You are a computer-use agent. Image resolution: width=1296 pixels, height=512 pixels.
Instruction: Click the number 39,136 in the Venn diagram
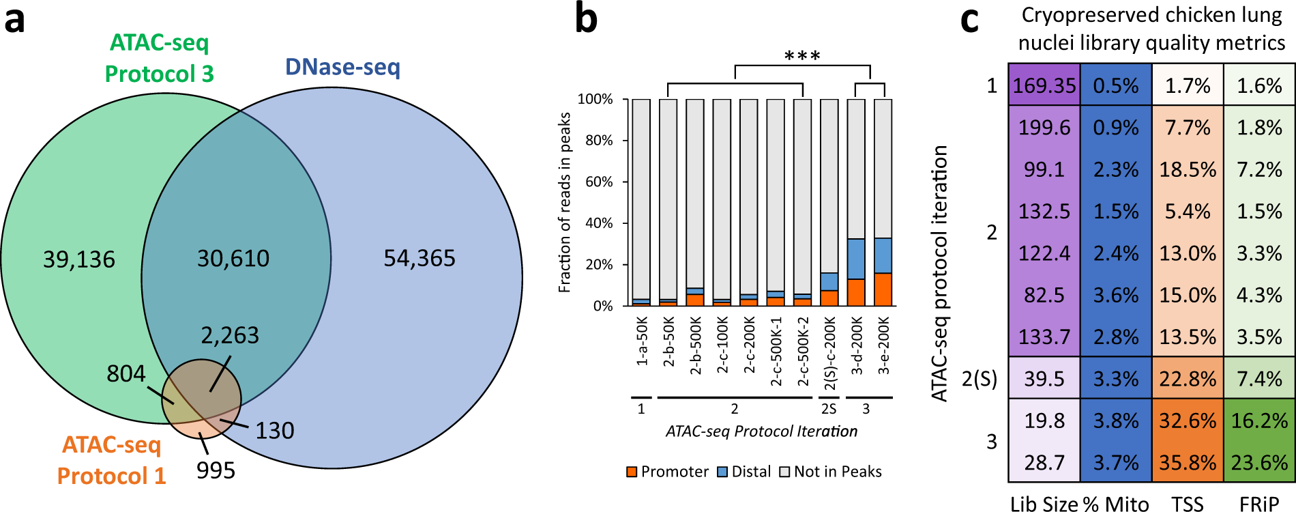tap(79, 259)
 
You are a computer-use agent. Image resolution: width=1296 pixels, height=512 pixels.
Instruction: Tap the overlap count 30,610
tap(233, 258)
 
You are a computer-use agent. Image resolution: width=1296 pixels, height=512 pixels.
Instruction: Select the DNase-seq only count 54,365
tap(419, 258)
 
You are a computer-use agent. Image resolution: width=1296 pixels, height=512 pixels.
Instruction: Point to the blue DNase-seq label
tap(342, 67)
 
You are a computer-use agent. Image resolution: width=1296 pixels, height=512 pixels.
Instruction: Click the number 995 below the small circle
tap(216, 470)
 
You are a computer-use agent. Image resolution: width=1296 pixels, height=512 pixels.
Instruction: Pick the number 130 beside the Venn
tap(275, 431)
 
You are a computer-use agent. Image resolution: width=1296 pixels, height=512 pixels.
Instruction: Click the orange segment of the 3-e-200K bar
tap(883, 289)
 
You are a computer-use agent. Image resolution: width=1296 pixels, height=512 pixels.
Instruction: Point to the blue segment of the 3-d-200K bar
tap(856, 259)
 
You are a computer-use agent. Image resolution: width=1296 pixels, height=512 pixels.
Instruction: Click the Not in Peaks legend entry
tap(830, 472)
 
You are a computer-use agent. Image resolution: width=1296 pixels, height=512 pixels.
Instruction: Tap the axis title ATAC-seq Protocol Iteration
tap(761, 431)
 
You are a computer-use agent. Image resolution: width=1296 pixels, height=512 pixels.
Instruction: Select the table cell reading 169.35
tap(1044, 86)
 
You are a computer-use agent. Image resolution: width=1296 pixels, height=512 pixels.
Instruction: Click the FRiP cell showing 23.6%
tap(1259, 462)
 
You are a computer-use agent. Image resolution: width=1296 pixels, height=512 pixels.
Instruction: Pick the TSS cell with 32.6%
tap(1188, 421)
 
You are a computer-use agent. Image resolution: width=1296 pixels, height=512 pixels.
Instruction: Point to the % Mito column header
tap(1116, 504)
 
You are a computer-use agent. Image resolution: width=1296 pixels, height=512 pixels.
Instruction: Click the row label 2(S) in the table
tap(980, 379)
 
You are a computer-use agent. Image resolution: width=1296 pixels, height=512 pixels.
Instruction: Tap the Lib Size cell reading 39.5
tap(1044, 379)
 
